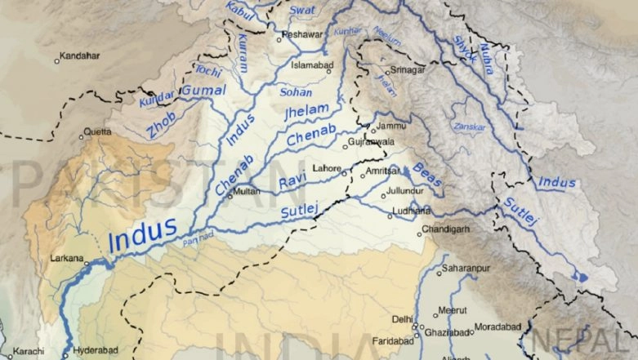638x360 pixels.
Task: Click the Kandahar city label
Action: point(80,56)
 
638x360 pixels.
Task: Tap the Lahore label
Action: point(328,168)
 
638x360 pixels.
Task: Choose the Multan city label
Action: point(247,192)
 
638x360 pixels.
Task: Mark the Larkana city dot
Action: point(87,263)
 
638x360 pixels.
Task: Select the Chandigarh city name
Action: point(448,229)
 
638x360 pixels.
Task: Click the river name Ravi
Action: point(292,181)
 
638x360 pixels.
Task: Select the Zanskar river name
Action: point(469,128)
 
